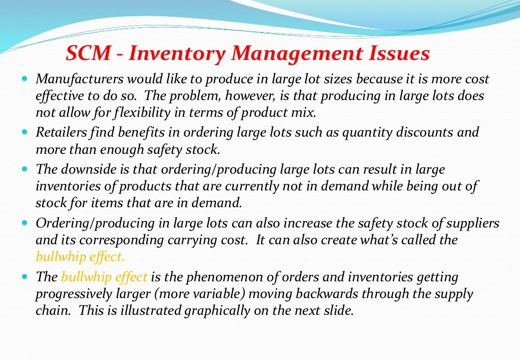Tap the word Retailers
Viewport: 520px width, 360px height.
point(57,133)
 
